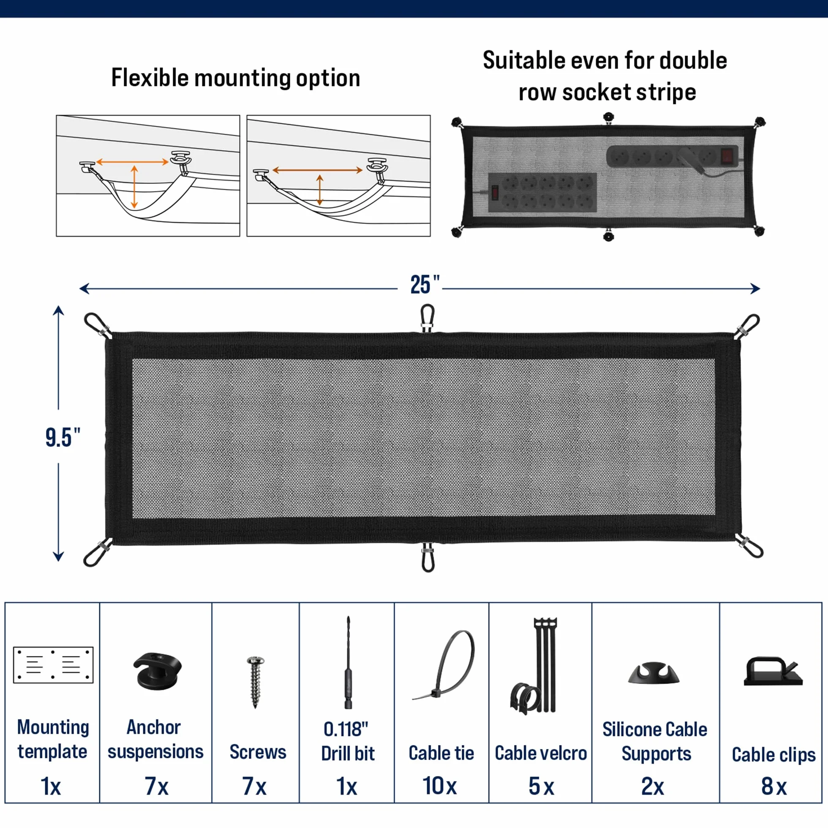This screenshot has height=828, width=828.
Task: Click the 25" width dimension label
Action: [x=425, y=285]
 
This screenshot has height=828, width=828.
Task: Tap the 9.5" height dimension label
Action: [x=63, y=438]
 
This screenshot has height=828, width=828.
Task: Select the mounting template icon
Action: [x=53, y=665]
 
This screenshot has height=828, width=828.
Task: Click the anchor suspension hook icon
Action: [x=157, y=671]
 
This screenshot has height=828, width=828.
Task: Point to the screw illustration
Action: [x=256, y=682]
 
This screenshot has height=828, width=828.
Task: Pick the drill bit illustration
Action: [x=348, y=662]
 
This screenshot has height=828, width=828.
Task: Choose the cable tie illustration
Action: [x=444, y=665]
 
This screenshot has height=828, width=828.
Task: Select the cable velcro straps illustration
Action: [x=534, y=667]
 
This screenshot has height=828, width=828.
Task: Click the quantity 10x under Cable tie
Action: [x=440, y=786]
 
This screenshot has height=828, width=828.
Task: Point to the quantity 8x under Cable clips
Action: [x=774, y=786]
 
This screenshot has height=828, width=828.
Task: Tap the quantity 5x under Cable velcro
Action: [x=541, y=786]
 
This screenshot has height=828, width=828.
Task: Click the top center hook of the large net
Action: [x=428, y=318]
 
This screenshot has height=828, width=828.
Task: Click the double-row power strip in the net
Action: [x=542, y=193]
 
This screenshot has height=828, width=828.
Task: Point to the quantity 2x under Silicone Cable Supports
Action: [x=653, y=786]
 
